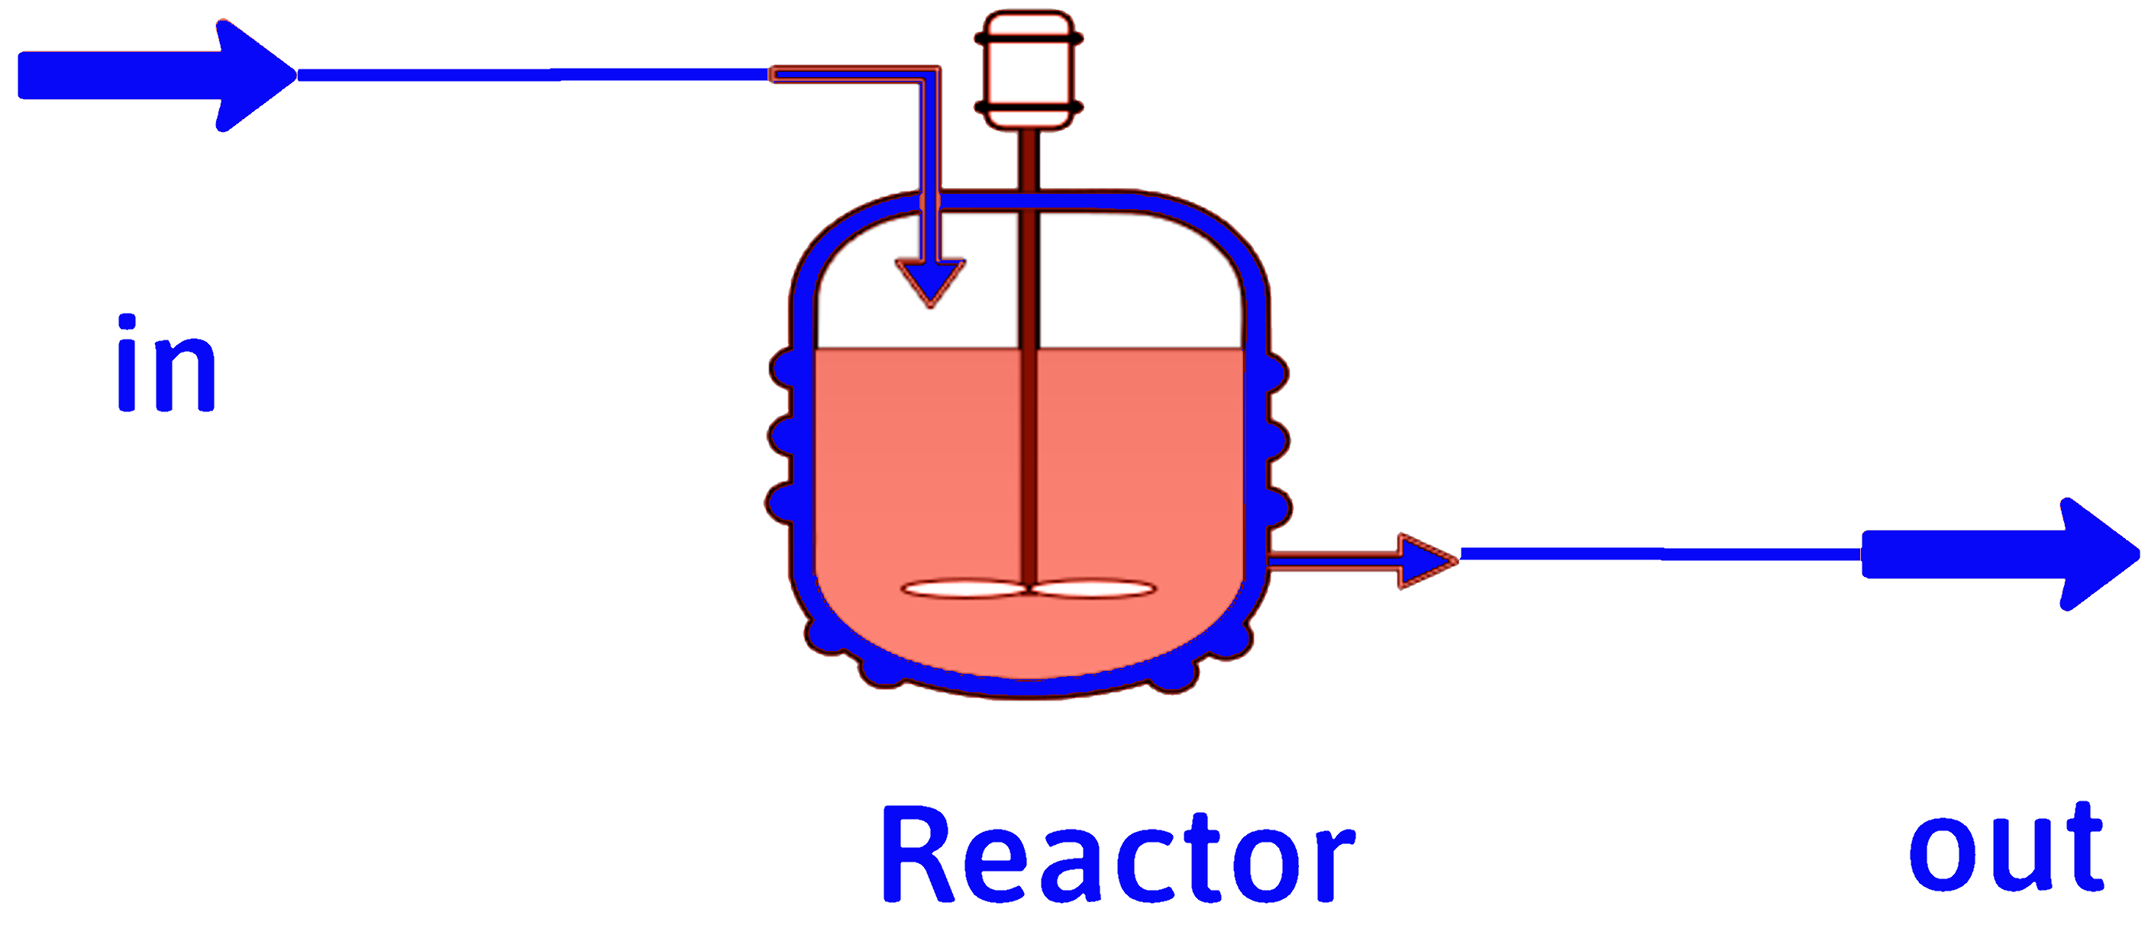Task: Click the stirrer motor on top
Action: pyautogui.click(x=1029, y=72)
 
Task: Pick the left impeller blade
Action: pyautogui.click(x=966, y=588)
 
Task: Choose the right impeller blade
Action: pyautogui.click(x=1094, y=588)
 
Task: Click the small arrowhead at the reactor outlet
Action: pyautogui.click(x=1426, y=561)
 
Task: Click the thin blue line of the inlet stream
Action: pyautogui.click(x=533, y=76)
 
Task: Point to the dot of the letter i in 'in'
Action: pyautogui.click(x=127, y=324)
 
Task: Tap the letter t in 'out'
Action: pyautogui.click(x=2082, y=844)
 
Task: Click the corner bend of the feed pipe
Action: pyautogui.click(x=929, y=76)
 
